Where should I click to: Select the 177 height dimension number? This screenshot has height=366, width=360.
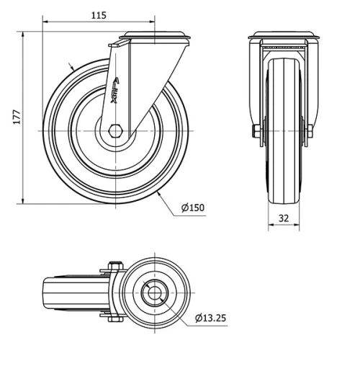click(16, 117)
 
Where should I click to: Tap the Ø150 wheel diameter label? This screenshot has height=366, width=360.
click(193, 208)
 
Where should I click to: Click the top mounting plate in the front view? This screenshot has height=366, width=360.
click(284, 37)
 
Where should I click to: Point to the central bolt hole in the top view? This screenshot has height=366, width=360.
click(154, 294)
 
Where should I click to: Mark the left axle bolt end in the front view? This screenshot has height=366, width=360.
click(256, 131)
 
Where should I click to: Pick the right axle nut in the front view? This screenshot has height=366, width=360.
click(310, 131)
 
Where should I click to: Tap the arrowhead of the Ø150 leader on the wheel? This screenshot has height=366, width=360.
click(158, 194)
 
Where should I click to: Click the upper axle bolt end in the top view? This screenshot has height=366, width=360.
click(113, 265)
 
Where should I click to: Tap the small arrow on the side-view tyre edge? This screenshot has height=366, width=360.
click(71, 68)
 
